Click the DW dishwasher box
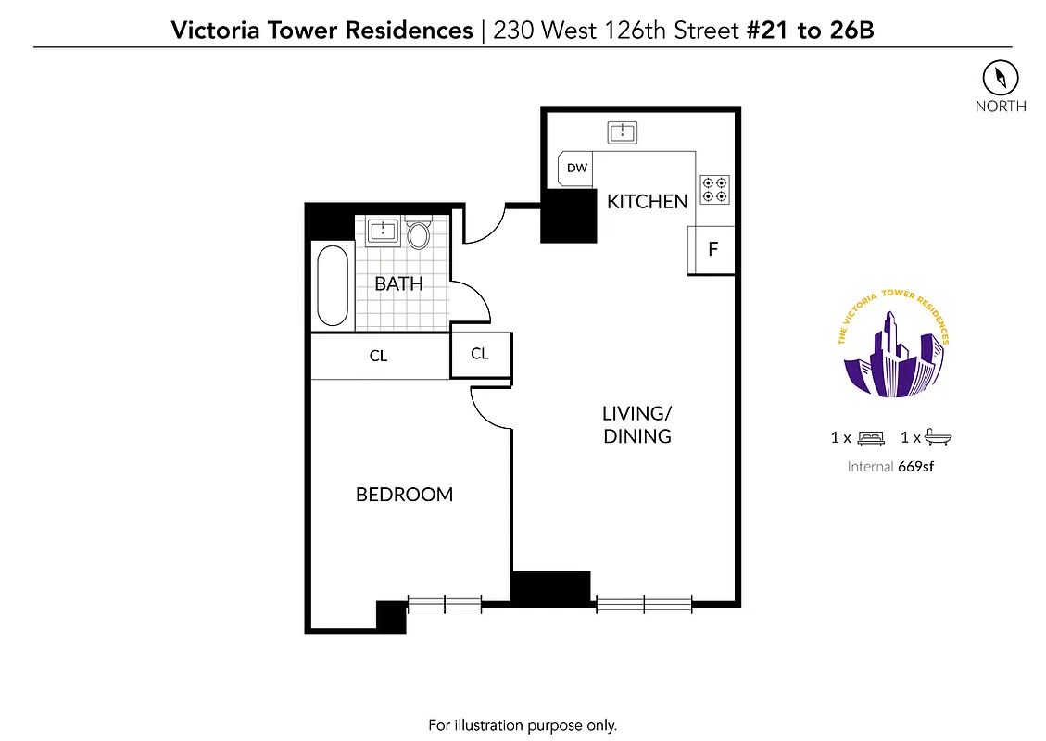click(577, 169)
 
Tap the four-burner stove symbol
click(714, 189)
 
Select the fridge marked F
click(712, 250)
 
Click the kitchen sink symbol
click(623, 132)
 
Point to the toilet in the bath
click(419, 234)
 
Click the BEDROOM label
click(404, 495)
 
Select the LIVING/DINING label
click(636, 424)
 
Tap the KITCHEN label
click(647, 201)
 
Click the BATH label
click(398, 284)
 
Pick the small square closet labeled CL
click(479, 354)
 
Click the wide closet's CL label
click(378, 356)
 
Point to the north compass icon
click(1001, 78)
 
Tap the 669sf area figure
click(915, 467)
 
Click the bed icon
click(871, 437)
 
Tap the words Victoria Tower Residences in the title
click(321, 31)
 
